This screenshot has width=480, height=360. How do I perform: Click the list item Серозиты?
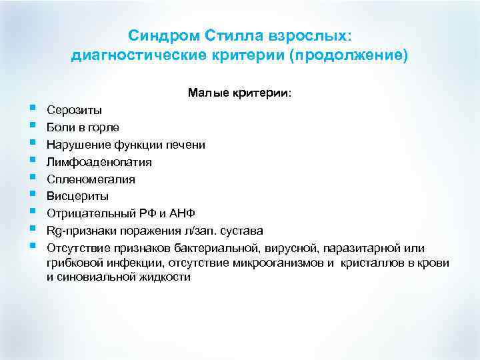pos(75,109)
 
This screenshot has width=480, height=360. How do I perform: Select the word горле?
pos(105,127)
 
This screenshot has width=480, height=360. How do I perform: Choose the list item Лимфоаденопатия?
pos(99,161)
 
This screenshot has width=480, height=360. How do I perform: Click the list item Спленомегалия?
pos(91,179)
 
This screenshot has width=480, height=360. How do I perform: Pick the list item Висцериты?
pos(77,196)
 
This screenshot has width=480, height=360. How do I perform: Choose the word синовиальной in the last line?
pos(93,277)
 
